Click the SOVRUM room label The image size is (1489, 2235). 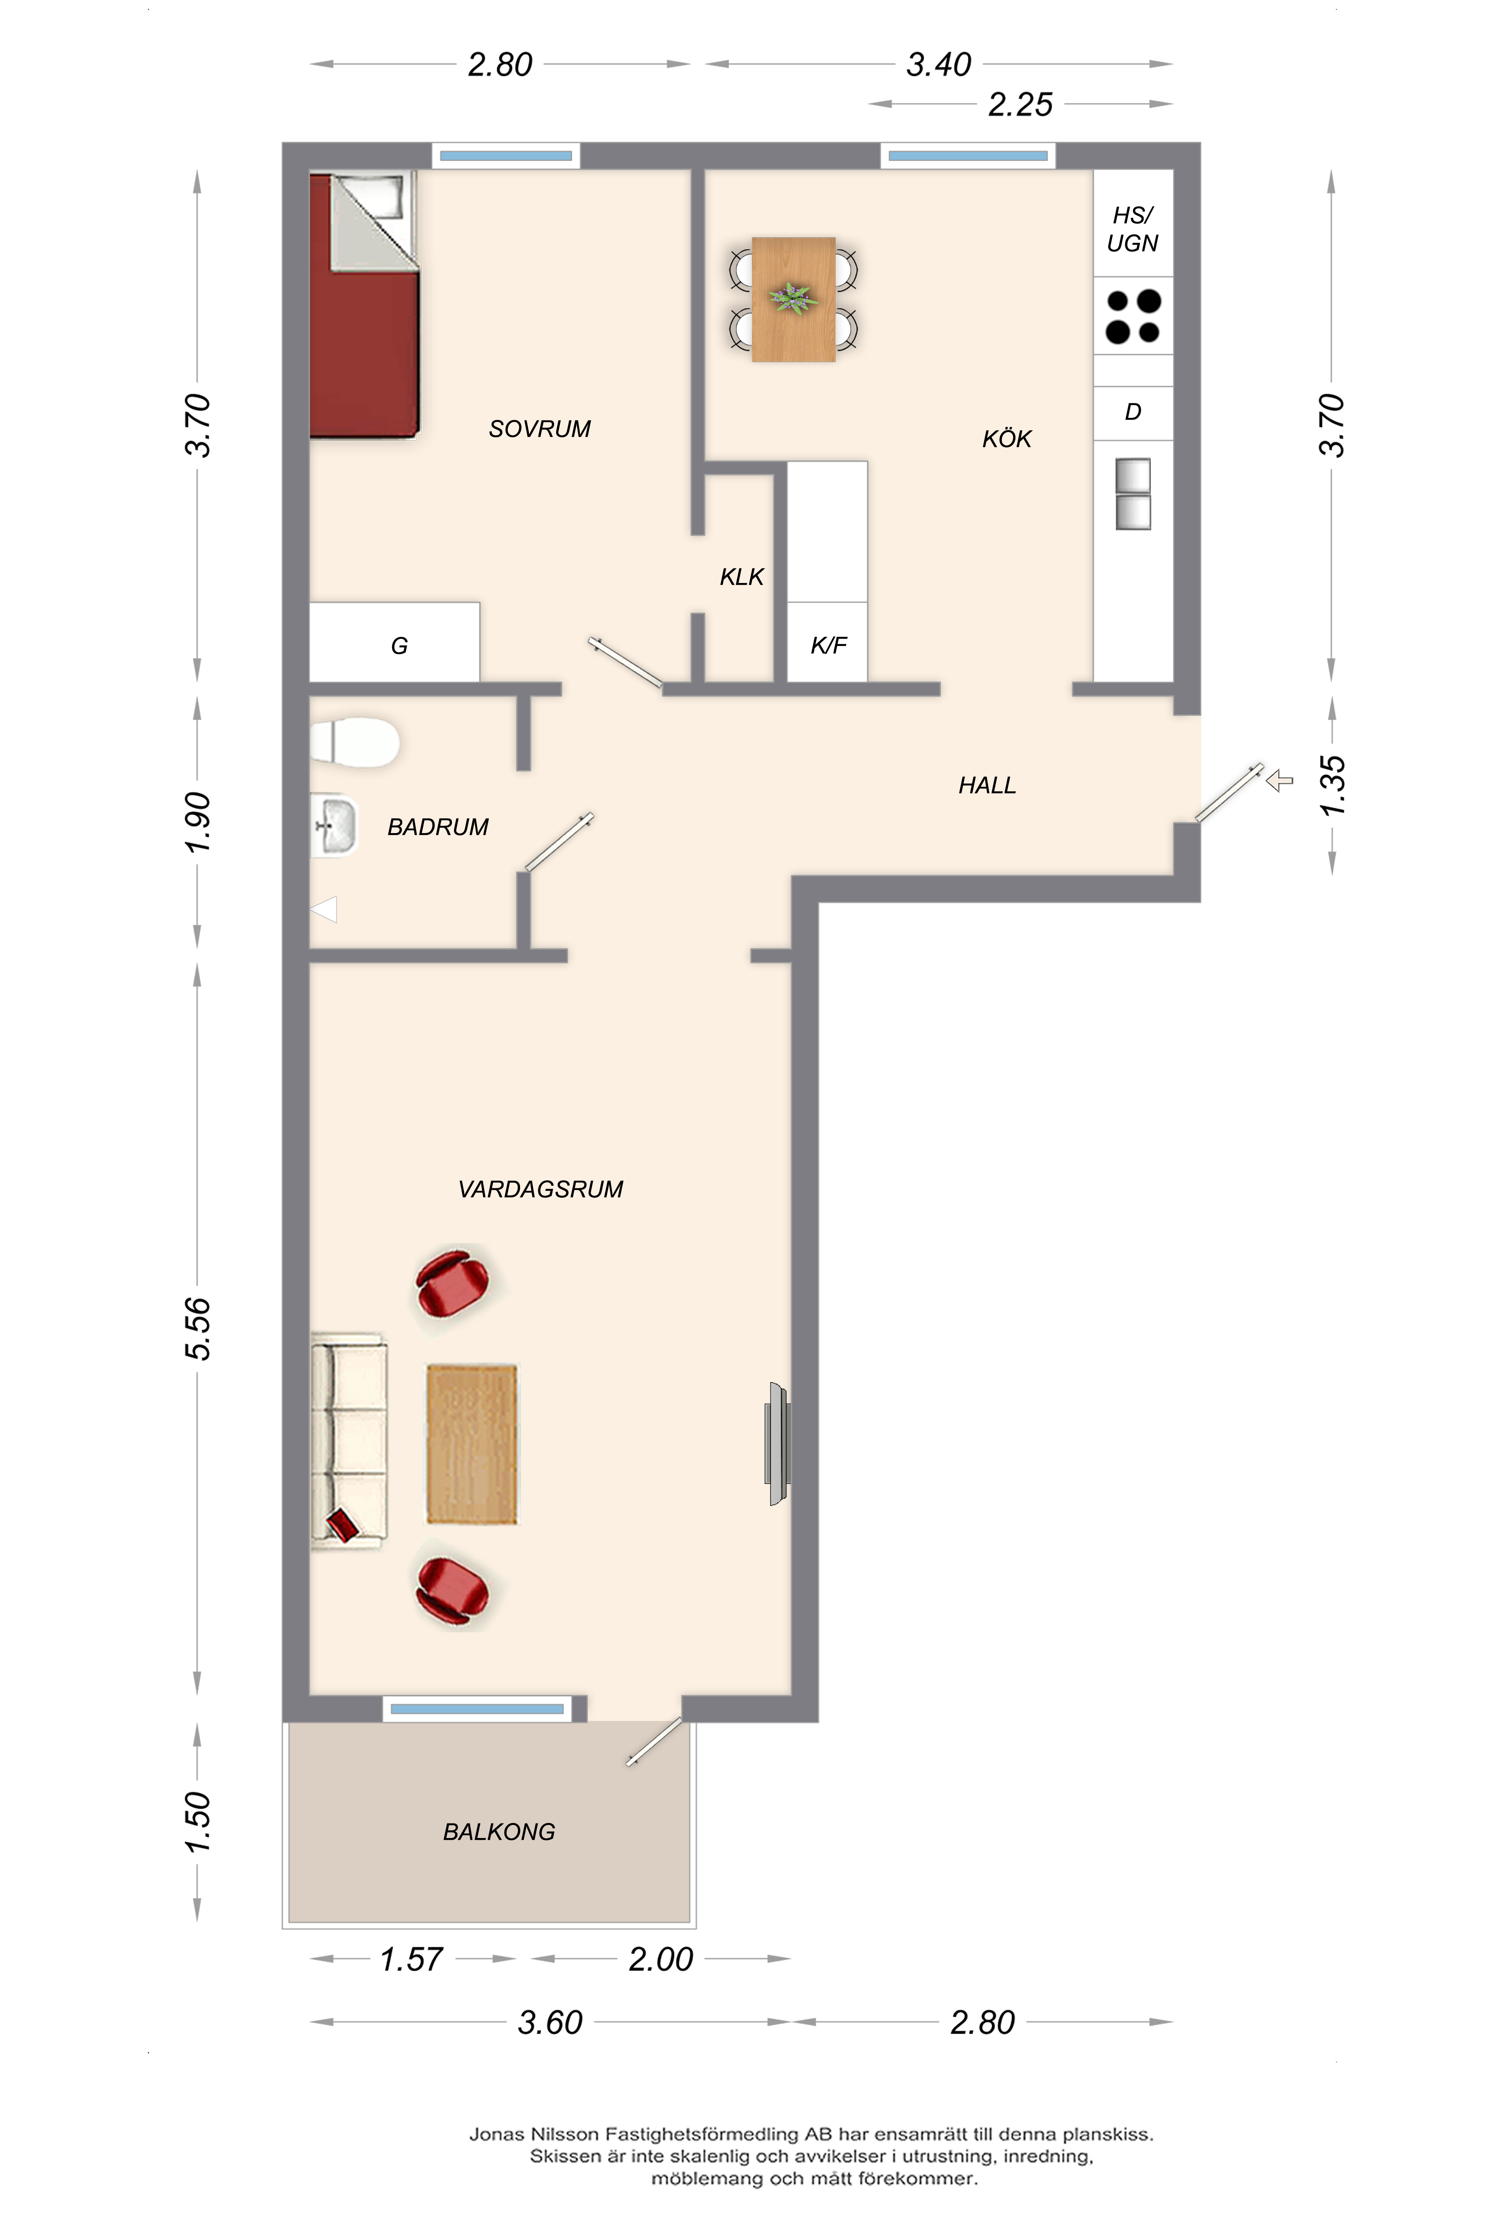pos(539,429)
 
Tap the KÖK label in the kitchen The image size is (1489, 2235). pos(1007,439)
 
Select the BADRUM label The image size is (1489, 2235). pos(438,827)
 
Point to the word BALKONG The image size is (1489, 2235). pos(500,1831)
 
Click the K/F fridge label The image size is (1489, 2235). pos(828,646)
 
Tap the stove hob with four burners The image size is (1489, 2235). pos(1133,316)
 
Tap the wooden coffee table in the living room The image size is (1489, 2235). pos(472,1444)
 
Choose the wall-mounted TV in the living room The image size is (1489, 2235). pos(778,1444)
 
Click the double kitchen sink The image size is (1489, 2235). pos(1133,494)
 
